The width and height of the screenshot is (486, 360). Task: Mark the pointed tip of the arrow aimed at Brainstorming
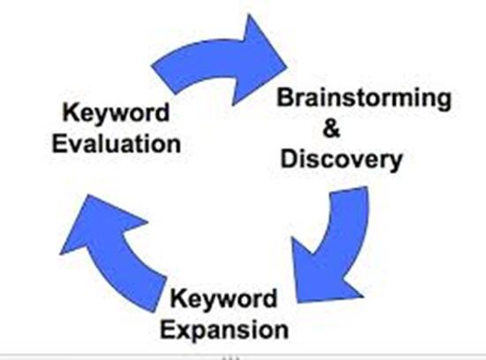[x=287, y=61]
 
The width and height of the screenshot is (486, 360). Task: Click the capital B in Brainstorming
[x=284, y=99]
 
